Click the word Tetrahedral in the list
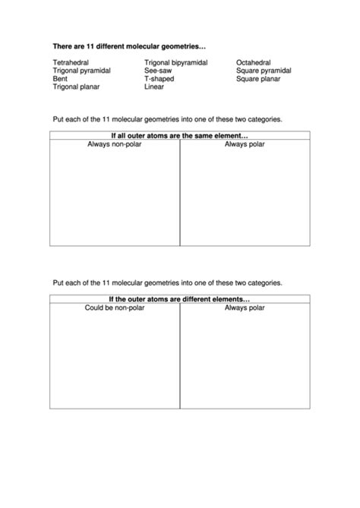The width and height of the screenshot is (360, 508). pyautogui.click(x=71, y=62)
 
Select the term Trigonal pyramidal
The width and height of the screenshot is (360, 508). pyautogui.click(x=82, y=70)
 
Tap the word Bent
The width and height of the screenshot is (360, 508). pyautogui.click(x=60, y=78)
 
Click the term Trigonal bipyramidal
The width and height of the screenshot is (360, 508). pyautogui.click(x=176, y=62)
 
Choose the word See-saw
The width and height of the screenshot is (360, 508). pyautogui.click(x=157, y=70)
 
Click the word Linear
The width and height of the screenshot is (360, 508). pyautogui.click(x=154, y=87)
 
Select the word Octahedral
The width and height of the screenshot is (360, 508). pyautogui.click(x=254, y=62)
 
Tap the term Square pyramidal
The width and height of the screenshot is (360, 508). pyautogui.click(x=264, y=70)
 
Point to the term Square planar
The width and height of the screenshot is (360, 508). pyautogui.click(x=258, y=78)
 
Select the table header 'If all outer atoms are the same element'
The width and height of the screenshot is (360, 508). pyautogui.click(x=180, y=135)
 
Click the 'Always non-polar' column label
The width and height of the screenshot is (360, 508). pyautogui.click(x=115, y=144)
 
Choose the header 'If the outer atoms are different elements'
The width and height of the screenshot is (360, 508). pyautogui.click(x=180, y=298)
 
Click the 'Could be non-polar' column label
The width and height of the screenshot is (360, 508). pyautogui.click(x=115, y=307)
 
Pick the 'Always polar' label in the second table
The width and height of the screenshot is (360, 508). pyautogui.click(x=245, y=307)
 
